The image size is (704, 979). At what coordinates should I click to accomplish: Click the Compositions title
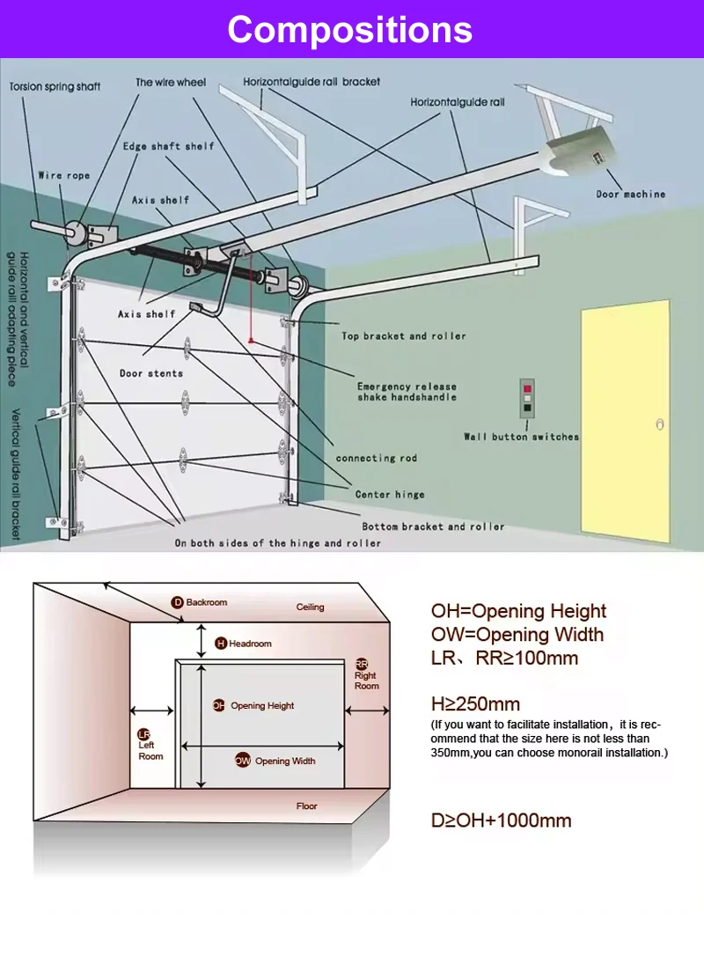pos(350,30)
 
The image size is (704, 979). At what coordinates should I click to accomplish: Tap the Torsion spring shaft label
pos(55,86)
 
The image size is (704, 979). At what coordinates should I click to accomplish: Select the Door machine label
pos(630,194)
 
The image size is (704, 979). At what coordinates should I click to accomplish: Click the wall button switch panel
pos(526,398)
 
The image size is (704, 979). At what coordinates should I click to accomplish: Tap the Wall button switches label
pos(521,437)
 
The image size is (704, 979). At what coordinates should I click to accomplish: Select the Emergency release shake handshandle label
pos(407,392)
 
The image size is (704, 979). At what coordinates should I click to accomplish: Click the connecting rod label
pos(376,458)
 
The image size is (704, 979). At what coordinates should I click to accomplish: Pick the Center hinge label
pos(390,495)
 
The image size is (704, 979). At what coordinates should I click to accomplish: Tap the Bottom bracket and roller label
pos(433,526)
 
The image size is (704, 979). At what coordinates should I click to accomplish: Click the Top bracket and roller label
pos(404,335)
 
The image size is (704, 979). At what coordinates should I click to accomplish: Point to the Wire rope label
pos(63,175)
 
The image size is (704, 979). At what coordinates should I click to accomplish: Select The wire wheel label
pos(170,83)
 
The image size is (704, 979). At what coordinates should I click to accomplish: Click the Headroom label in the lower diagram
pos(250,644)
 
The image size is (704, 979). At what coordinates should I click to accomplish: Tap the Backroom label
pos(206,602)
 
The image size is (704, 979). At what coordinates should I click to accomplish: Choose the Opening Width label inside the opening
pos(284,761)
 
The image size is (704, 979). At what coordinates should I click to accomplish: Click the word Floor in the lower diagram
pos(306,806)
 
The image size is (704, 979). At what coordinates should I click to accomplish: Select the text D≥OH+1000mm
pos(501,821)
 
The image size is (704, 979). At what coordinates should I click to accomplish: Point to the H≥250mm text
pos(475,703)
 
